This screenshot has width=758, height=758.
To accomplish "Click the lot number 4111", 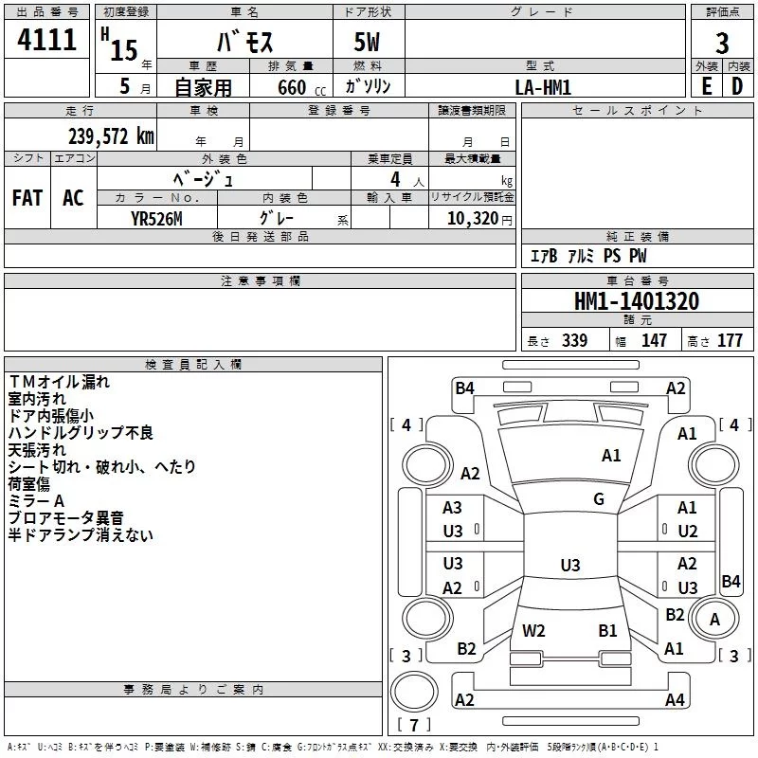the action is (x=46, y=40).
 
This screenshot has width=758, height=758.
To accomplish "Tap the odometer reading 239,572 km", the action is (x=111, y=136).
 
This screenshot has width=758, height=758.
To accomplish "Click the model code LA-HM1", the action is (x=543, y=86).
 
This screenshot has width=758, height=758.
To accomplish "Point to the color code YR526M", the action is (x=157, y=218).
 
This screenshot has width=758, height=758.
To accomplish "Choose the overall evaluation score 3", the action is (x=722, y=43).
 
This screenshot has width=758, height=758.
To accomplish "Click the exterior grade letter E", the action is (x=706, y=86).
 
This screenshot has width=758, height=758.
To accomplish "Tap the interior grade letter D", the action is (x=737, y=86).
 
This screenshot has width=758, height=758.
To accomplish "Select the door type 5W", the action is (x=369, y=43).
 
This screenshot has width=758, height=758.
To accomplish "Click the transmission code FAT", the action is (x=27, y=197).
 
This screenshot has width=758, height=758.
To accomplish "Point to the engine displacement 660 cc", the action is (x=298, y=87).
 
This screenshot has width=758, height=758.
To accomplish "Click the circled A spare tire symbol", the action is (x=714, y=619).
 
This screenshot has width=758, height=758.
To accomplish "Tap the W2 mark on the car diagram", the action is (x=533, y=630).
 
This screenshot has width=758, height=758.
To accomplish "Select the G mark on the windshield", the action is (x=598, y=499).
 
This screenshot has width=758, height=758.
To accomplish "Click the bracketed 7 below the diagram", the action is (x=413, y=726).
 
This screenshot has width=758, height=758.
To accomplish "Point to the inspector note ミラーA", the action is (x=36, y=501).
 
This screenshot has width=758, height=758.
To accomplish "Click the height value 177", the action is (x=730, y=341).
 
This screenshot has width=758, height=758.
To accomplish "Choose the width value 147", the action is (x=654, y=341).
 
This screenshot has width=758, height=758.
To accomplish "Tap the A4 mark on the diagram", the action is (x=674, y=700).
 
